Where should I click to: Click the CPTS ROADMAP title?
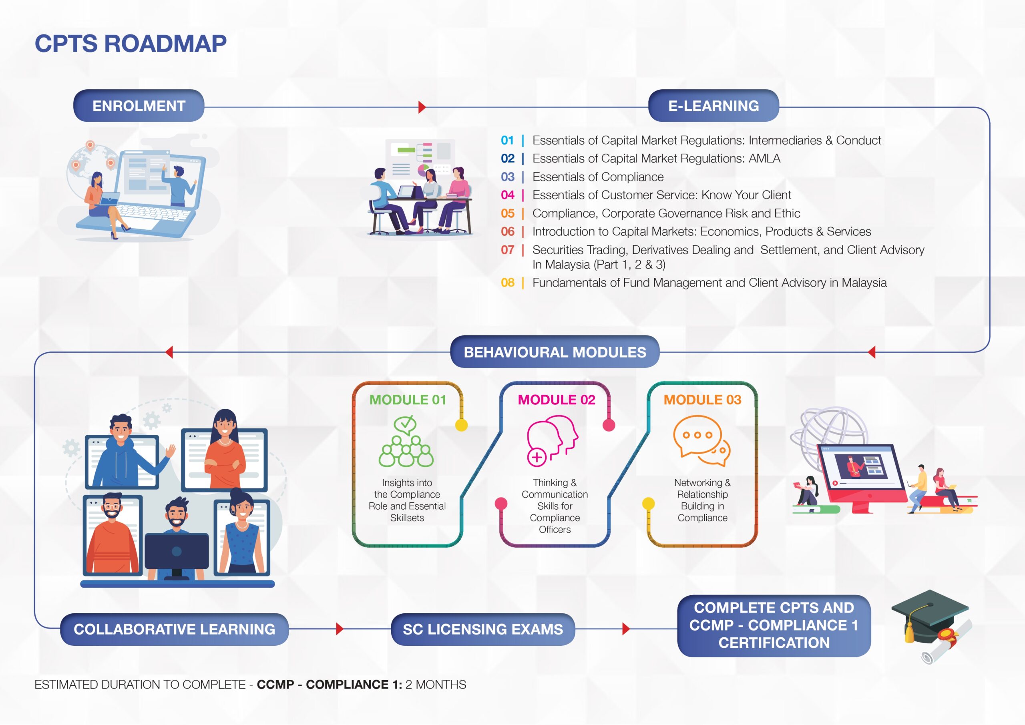point(131,44)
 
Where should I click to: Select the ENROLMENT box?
point(139,106)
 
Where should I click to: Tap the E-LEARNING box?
point(713,106)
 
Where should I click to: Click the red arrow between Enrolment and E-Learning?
point(422,107)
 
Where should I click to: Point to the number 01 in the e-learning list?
point(507,140)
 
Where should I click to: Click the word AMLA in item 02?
point(764,159)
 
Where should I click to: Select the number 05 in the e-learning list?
point(507,213)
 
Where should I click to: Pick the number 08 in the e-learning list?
point(507,283)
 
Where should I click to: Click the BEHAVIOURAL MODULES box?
point(555,352)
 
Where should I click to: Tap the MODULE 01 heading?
point(408,400)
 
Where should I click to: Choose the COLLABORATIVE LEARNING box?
point(174,629)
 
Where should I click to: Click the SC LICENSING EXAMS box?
point(482,629)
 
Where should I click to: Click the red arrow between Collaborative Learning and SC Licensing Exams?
point(339,629)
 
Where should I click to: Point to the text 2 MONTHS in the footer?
point(435,685)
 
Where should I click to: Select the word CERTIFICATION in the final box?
point(774,643)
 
